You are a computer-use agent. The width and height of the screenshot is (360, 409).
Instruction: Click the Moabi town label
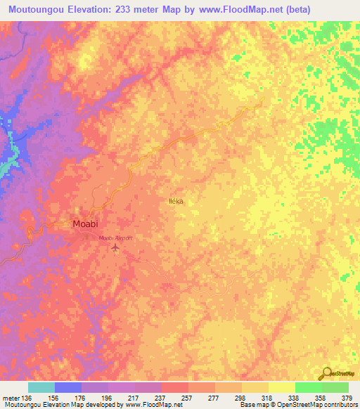tap(89, 224)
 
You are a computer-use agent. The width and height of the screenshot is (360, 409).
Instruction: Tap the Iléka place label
tap(176, 201)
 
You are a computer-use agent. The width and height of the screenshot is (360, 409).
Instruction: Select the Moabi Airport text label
tap(115, 239)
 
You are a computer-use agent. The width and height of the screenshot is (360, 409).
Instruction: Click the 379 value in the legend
tap(347, 398)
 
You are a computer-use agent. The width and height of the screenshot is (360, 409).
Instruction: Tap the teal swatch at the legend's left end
tap(41, 387)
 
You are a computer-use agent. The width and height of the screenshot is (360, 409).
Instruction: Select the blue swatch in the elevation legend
tap(68, 387)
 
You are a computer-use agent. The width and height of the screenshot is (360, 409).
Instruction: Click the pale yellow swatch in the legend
tap(282, 387)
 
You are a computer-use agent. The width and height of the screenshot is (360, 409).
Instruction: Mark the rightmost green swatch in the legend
tap(335, 387)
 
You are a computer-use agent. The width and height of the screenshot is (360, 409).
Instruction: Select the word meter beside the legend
tap(10, 398)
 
